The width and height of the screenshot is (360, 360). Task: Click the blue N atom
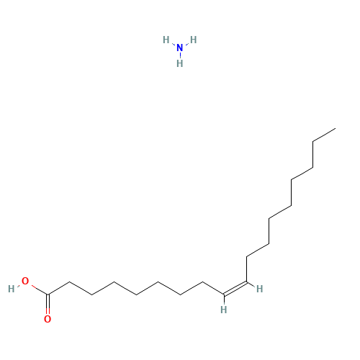coord(180,48)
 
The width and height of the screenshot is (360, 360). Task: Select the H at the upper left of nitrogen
coord(166,40)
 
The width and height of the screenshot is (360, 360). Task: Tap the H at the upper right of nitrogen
coord(194,40)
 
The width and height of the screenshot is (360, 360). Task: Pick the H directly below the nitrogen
coord(180,63)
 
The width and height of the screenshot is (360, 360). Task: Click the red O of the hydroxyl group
coord(25,281)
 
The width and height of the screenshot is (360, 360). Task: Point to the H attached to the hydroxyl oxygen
coord(12,289)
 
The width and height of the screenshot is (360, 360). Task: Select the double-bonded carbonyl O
coord(48,319)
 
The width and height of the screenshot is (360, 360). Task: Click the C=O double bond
coord(48,305)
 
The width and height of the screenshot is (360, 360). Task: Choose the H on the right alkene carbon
coord(259,289)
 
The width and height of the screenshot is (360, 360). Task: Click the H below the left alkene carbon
coord(224,310)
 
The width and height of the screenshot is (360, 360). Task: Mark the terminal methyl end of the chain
coord(336,129)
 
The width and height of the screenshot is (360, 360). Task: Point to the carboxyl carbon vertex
coord(48,294)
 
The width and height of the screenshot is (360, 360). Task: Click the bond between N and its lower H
coord(180,55)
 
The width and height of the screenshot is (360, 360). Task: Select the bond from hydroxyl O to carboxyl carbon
coord(40,290)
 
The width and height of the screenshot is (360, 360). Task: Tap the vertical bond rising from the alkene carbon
coord(246,269)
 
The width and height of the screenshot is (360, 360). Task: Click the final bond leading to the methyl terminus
coord(324,135)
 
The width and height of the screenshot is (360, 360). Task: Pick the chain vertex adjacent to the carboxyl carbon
coord(70,282)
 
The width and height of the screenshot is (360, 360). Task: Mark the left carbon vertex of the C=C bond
coord(224,294)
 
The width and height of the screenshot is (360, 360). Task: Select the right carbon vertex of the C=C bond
coord(246,282)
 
